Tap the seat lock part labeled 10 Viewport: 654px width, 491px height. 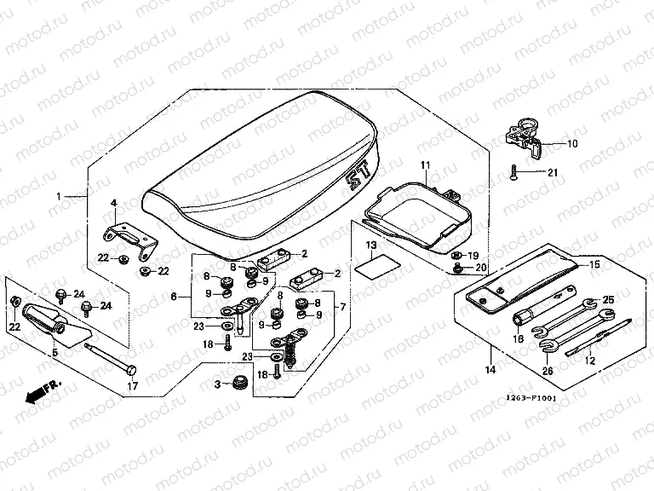[523, 136]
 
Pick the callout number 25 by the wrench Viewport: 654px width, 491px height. [607, 300]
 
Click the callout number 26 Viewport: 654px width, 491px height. [546, 370]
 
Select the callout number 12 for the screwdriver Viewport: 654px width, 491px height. [588, 361]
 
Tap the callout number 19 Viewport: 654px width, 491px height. [473, 255]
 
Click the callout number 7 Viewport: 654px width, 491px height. [342, 306]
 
